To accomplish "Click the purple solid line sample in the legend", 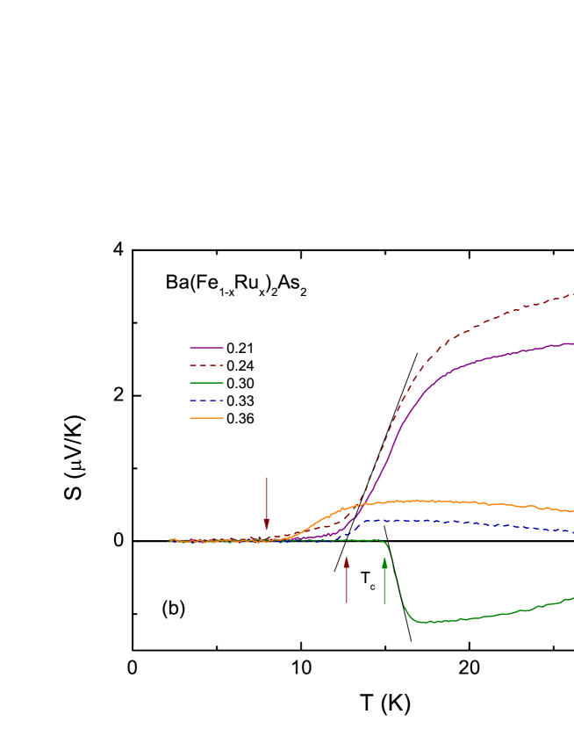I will click(206, 348).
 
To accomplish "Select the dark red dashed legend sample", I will click(206, 365).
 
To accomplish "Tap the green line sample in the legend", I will click(206, 383).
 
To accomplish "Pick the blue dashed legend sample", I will click(206, 400).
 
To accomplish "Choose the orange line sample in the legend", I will click(206, 418).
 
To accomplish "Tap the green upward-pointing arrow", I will click(384, 581).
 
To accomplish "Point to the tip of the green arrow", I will click(384, 558).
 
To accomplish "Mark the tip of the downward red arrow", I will click(267, 530).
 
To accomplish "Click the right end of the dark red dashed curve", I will click(572, 294).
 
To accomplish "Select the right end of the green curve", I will click(572, 598).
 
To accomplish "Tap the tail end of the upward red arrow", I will click(347, 603).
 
